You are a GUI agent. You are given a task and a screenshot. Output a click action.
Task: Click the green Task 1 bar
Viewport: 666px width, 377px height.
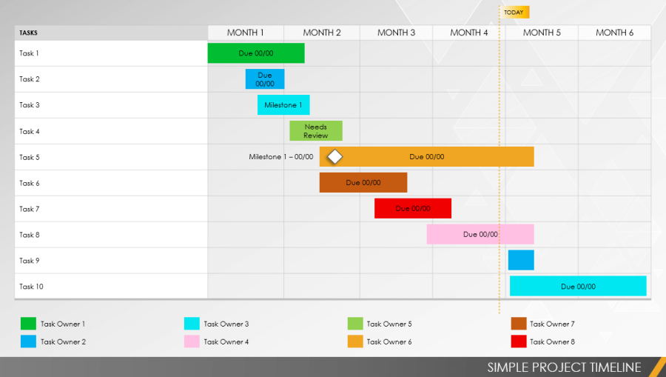click(x=255, y=53)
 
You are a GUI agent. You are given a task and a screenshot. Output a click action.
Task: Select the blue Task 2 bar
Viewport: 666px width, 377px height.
click(x=265, y=79)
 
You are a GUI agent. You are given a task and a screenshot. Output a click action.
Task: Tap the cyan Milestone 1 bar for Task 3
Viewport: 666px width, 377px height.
click(x=283, y=105)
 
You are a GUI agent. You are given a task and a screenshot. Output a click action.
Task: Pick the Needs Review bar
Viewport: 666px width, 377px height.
click(x=316, y=131)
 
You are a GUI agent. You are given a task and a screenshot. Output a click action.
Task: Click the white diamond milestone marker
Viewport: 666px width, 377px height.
click(x=335, y=157)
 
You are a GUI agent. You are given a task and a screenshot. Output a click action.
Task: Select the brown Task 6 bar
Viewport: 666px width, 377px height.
click(x=363, y=183)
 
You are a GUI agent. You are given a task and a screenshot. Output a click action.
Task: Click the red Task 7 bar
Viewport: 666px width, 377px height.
click(x=412, y=209)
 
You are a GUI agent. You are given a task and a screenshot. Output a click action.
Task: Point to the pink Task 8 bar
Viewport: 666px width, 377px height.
click(x=480, y=235)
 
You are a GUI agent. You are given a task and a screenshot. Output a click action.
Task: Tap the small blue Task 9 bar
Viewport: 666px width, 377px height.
click(x=521, y=260)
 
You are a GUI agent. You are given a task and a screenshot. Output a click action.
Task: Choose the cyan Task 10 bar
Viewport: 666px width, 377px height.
click(x=578, y=287)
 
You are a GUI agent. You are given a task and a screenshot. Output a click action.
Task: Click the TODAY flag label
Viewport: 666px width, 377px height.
click(x=514, y=13)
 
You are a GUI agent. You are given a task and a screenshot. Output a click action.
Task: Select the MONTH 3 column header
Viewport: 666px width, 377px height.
click(x=396, y=33)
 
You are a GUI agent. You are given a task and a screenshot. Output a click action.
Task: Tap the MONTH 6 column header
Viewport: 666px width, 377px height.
click(x=614, y=33)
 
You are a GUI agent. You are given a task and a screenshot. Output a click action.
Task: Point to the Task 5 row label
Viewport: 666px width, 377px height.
click(x=30, y=157)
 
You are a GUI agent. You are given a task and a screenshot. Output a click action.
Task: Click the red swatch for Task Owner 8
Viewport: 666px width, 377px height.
click(x=518, y=341)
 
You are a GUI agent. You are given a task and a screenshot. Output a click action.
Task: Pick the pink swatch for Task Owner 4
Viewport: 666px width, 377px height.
click(x=192, y=341)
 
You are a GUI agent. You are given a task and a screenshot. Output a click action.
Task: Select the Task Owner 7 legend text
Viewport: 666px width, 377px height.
click(x=552, y=324)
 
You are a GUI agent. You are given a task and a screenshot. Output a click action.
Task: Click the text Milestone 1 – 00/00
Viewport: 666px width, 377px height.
click(x=281, y=157)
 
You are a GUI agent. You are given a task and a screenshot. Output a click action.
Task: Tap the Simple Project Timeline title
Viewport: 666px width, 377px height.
click(x=564, y=367)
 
